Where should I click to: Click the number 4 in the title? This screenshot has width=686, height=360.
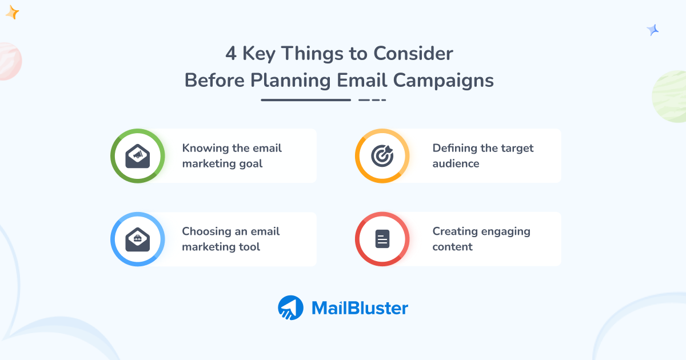click(230, 54)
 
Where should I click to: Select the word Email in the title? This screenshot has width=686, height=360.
click(359, 81)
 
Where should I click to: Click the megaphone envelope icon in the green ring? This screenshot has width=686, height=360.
click(138, 156)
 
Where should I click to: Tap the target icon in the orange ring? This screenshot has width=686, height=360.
click(382, 156)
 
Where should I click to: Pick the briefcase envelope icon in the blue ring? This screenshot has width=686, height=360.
click(138, 239)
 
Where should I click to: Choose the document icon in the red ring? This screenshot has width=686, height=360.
click(382, 239)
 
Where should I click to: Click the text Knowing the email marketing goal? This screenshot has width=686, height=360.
click(232, 156)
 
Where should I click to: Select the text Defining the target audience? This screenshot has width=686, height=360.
click(482, 156)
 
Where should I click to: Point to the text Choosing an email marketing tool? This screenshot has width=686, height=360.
click(230, 239)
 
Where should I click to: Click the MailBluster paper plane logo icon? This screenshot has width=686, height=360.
click(291, 308)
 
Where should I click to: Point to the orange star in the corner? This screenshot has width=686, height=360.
click(12, 13)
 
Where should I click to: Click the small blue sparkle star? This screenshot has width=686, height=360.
click(652, 30)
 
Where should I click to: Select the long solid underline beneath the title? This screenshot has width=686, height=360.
click(305, 100)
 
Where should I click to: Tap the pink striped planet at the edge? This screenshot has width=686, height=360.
click(9, 61)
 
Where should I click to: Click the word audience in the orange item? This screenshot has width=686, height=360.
click(456, 164)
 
